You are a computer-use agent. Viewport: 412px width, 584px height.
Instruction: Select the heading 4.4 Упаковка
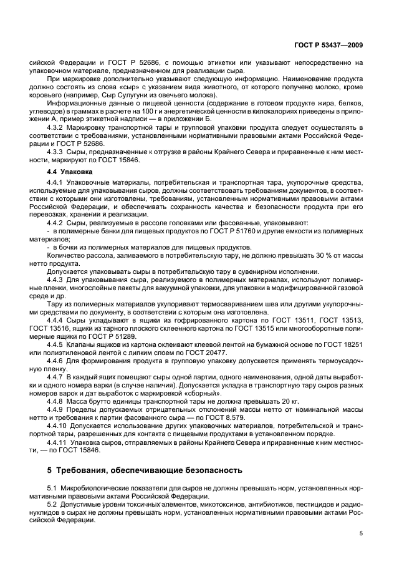coord(70,170)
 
